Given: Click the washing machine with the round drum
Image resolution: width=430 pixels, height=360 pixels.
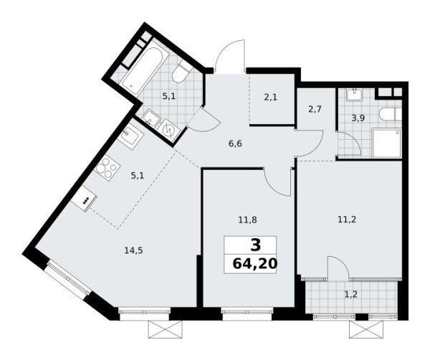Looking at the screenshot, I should pos(170,130).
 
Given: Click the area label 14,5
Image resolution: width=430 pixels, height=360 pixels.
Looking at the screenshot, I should pos(132,251).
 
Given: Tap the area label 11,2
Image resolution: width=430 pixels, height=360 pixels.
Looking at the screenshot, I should pos(346,222).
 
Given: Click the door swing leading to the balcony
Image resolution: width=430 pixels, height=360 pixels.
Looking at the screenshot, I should pos(336,269).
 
